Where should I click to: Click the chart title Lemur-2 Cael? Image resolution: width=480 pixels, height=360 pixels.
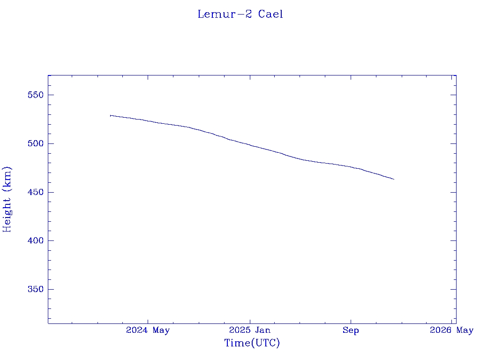[240, 14]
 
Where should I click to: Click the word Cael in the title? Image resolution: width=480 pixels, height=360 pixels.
[270, 14]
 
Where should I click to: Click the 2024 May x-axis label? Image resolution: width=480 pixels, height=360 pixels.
[148, 330]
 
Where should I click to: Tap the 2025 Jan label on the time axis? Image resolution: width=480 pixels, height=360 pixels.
[250, 330]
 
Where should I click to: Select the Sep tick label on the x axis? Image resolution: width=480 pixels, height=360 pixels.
[351, 330]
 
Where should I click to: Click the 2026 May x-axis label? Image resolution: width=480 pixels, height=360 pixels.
[451, 330]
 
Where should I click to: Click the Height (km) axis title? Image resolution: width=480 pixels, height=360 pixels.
[7, 199]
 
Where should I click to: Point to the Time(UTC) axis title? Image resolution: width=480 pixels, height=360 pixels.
[252, 343]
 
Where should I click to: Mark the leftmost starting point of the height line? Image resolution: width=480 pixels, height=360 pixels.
[110, 115]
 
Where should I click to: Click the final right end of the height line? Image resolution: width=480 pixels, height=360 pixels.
[394, 179]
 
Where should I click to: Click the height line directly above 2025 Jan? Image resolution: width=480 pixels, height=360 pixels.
[250, 145]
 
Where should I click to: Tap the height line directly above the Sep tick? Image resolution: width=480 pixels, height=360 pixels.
[351, 166]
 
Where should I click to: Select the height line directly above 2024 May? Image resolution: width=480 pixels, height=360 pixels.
[148, 121]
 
